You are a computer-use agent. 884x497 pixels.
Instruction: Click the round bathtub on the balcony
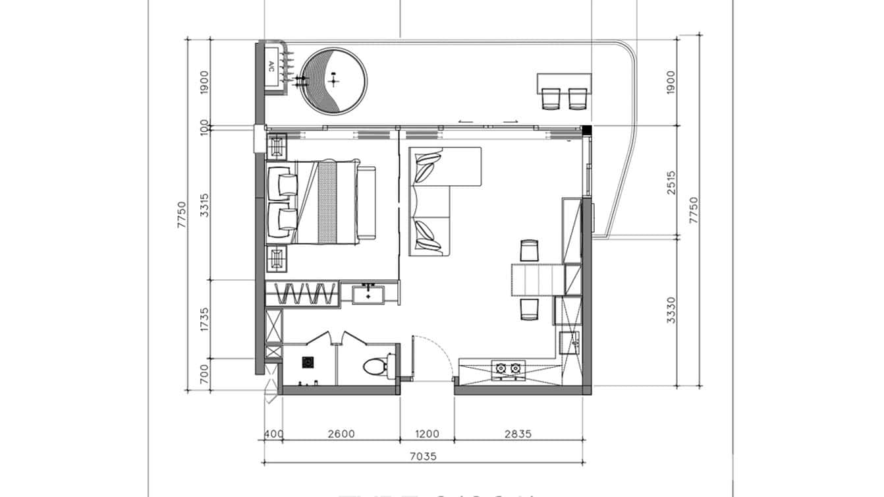[334, 80]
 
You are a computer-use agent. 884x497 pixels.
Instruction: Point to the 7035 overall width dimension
[424, 455]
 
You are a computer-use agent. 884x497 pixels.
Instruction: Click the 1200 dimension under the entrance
[427, 434]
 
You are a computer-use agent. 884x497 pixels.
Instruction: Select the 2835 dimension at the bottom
[518, 434]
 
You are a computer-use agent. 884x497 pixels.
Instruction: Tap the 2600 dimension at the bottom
[341, 434]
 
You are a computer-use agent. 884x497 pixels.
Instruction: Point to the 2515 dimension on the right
[671, 183]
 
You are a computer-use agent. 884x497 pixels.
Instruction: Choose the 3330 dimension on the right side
[671, 310]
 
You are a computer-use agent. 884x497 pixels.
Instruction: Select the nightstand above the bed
[277, 144]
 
